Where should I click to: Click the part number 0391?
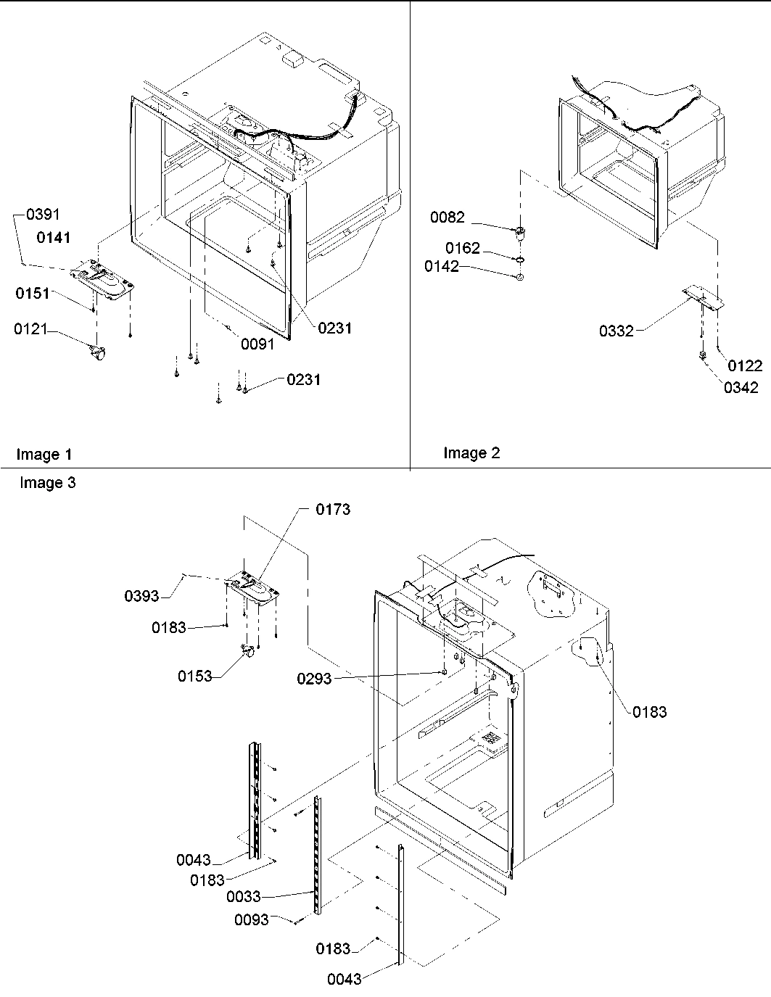43,215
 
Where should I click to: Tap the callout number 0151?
33,294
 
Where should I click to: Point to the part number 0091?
257,344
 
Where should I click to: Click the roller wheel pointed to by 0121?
96,354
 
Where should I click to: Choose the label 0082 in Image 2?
448,218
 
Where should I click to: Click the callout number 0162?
462,249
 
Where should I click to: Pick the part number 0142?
442,267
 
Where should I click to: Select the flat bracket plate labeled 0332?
702,298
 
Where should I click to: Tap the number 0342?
741,387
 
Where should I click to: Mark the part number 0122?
745,366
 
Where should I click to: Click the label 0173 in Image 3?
333,510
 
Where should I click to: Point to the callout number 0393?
142,596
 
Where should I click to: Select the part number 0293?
314,679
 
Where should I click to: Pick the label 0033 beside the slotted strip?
243,897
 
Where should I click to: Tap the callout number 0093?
252,920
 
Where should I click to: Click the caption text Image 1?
44,455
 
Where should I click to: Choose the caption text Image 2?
471,454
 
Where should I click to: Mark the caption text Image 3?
47,483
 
